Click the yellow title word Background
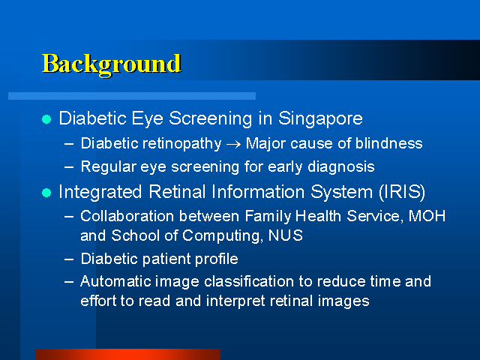click(112, 64)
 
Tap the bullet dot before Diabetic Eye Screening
click(46, 119)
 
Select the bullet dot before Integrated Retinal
click(46, 193)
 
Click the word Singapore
click(320, 119)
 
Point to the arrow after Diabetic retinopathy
click(233, 144)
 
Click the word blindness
click(388, 143)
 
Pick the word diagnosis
click(341, 167)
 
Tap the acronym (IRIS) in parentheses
click(402, 192)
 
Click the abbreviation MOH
click(427, 216)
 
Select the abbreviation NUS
click(286, 235)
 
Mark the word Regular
click(108, 167)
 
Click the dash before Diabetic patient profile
click(69, 259)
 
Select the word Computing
click(223, 236)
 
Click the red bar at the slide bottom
click(128, 354)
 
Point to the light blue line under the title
click(132, 96)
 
